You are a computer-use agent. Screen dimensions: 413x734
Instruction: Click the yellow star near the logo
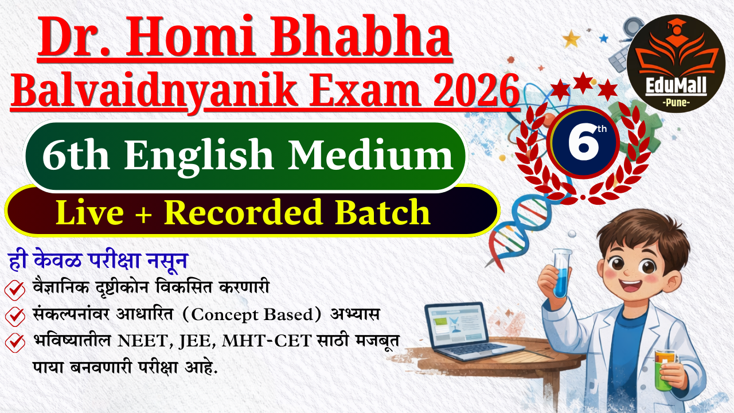pyautogui.click(x=571, y=38)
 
